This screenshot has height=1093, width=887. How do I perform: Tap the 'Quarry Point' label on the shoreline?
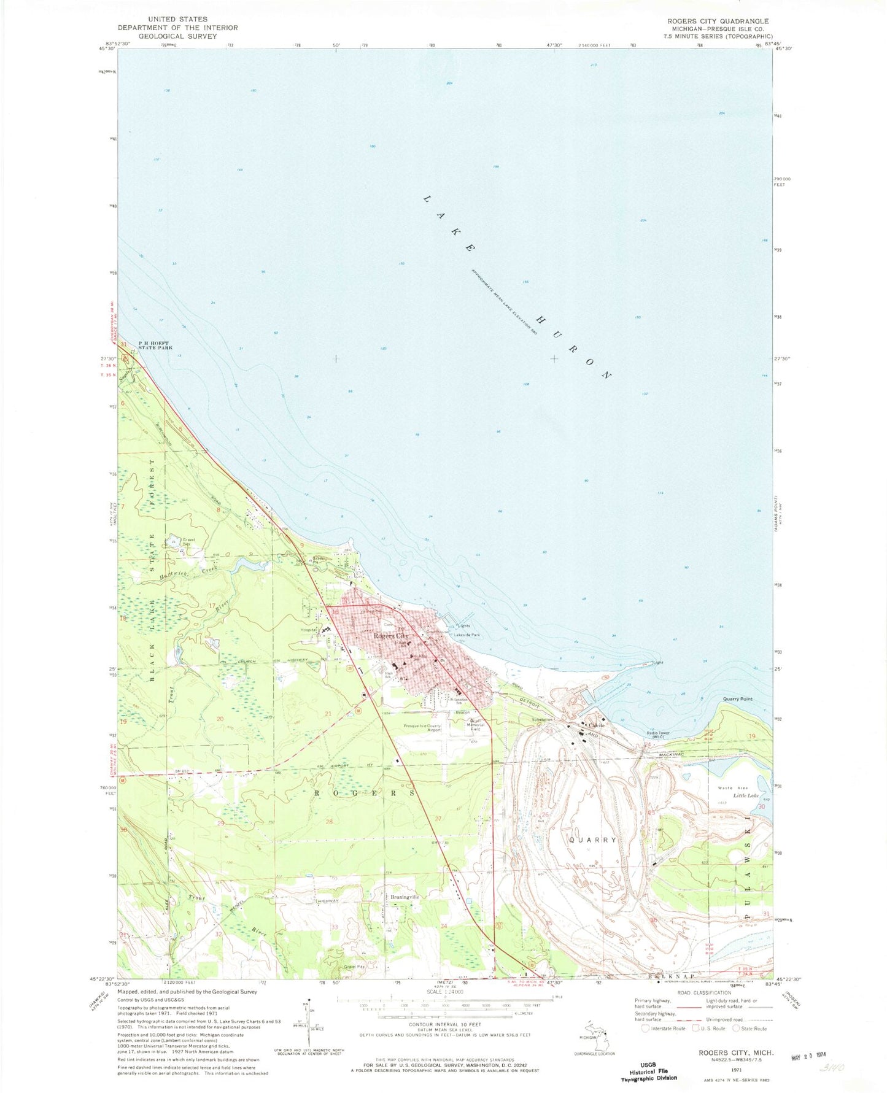tap(737, 699)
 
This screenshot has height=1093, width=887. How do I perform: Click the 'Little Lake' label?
tap(745, 795)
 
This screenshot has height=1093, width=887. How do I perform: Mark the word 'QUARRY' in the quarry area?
tap(592, 840)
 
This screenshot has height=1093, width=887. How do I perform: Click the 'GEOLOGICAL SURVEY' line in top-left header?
tap(177, 36)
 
